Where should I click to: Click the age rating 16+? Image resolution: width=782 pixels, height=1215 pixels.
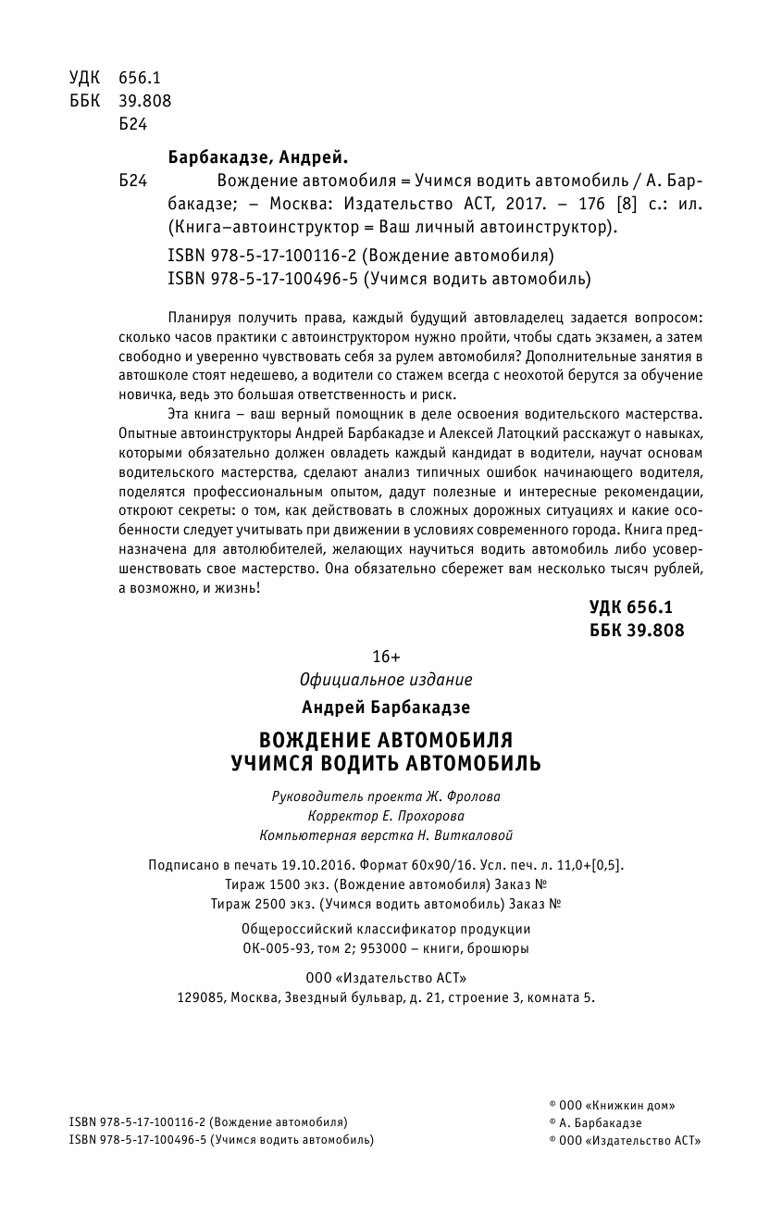pos(385,657)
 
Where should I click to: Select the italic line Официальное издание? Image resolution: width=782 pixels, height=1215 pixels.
pos(386,681)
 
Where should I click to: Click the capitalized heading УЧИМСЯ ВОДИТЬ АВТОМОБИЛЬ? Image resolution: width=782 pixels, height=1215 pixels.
pos(386,764)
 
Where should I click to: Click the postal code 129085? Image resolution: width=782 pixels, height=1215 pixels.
pos(200,998)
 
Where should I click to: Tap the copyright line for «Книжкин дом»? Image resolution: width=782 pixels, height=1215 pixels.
pos(612,1105)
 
